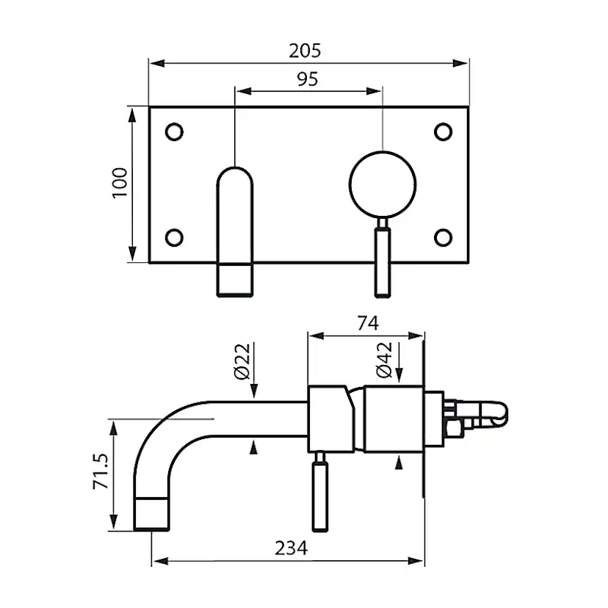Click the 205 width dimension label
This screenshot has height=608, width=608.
click(307, 51)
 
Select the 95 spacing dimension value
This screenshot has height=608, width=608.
click(307, 79)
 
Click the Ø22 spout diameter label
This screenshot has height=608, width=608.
click(243, 361)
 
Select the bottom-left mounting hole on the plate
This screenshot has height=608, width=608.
click(174, 237)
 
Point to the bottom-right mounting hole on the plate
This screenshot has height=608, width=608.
click(443, 237)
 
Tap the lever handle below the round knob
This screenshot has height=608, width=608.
click(382, 261)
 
